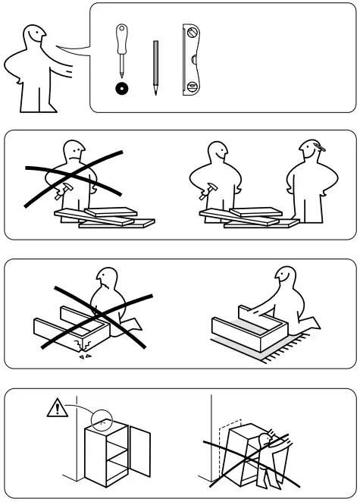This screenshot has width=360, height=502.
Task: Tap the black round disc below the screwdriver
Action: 120,89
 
